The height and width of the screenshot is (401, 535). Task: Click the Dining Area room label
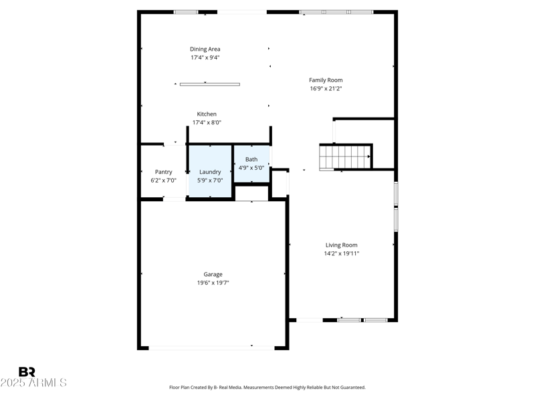[205, 49]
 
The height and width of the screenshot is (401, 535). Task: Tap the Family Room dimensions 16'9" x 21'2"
[326, 89]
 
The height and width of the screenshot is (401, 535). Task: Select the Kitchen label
[206, 114]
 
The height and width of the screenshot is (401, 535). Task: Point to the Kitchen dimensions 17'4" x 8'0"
[206, 122]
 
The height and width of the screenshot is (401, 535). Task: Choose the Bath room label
[251, 159]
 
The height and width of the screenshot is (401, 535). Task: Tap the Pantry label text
[163, 172]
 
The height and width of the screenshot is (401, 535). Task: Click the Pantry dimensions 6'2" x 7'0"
[163, 180]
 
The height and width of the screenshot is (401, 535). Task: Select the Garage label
[213, 274]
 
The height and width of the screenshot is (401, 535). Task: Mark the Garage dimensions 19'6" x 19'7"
[213, 283]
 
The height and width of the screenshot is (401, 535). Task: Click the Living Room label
[341, 245]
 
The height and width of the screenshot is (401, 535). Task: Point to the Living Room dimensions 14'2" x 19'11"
[341, 253]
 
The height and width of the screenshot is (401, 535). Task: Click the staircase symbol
[344, 157]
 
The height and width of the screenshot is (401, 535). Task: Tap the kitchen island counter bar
[209, 84]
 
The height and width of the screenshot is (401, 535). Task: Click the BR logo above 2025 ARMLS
[27, 372]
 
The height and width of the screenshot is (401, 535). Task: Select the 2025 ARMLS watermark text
[33, 383]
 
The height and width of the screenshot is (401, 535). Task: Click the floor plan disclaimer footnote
[267, 387]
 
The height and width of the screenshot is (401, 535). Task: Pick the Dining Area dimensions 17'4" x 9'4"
[205, 57]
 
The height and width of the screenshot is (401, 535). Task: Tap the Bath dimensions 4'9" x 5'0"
[251, 168]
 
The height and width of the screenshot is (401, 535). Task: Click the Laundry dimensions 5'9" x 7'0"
[210, 180]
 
